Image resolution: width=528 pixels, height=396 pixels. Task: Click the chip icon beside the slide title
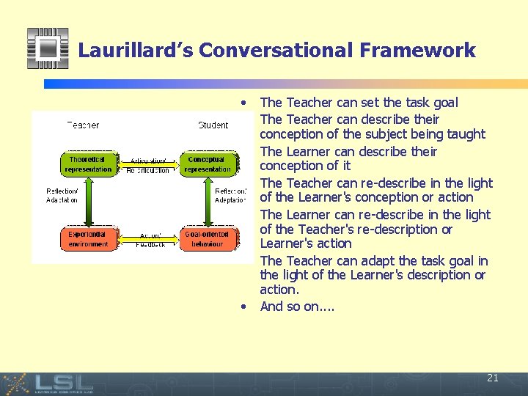(48, 48)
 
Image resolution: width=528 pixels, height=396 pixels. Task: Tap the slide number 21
(492, 378)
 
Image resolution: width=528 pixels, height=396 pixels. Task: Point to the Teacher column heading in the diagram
(83, 125)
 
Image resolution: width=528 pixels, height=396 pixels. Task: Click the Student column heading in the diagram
(213, 125)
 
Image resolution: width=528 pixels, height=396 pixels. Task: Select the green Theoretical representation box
(88, 164)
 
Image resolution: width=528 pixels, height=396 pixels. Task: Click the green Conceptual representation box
(208, 164)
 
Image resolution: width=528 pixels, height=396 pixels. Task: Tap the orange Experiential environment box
(88, 239)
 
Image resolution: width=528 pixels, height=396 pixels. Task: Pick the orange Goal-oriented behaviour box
(208, 239)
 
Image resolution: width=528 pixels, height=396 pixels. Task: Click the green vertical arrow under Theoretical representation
(88, 202)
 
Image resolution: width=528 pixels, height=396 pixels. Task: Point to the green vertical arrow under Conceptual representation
(208, 202)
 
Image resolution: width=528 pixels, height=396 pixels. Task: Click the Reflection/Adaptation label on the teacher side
(62, 196)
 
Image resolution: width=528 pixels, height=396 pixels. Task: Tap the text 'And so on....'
(297, 307)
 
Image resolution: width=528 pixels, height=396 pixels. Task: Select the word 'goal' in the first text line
(444, 103)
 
